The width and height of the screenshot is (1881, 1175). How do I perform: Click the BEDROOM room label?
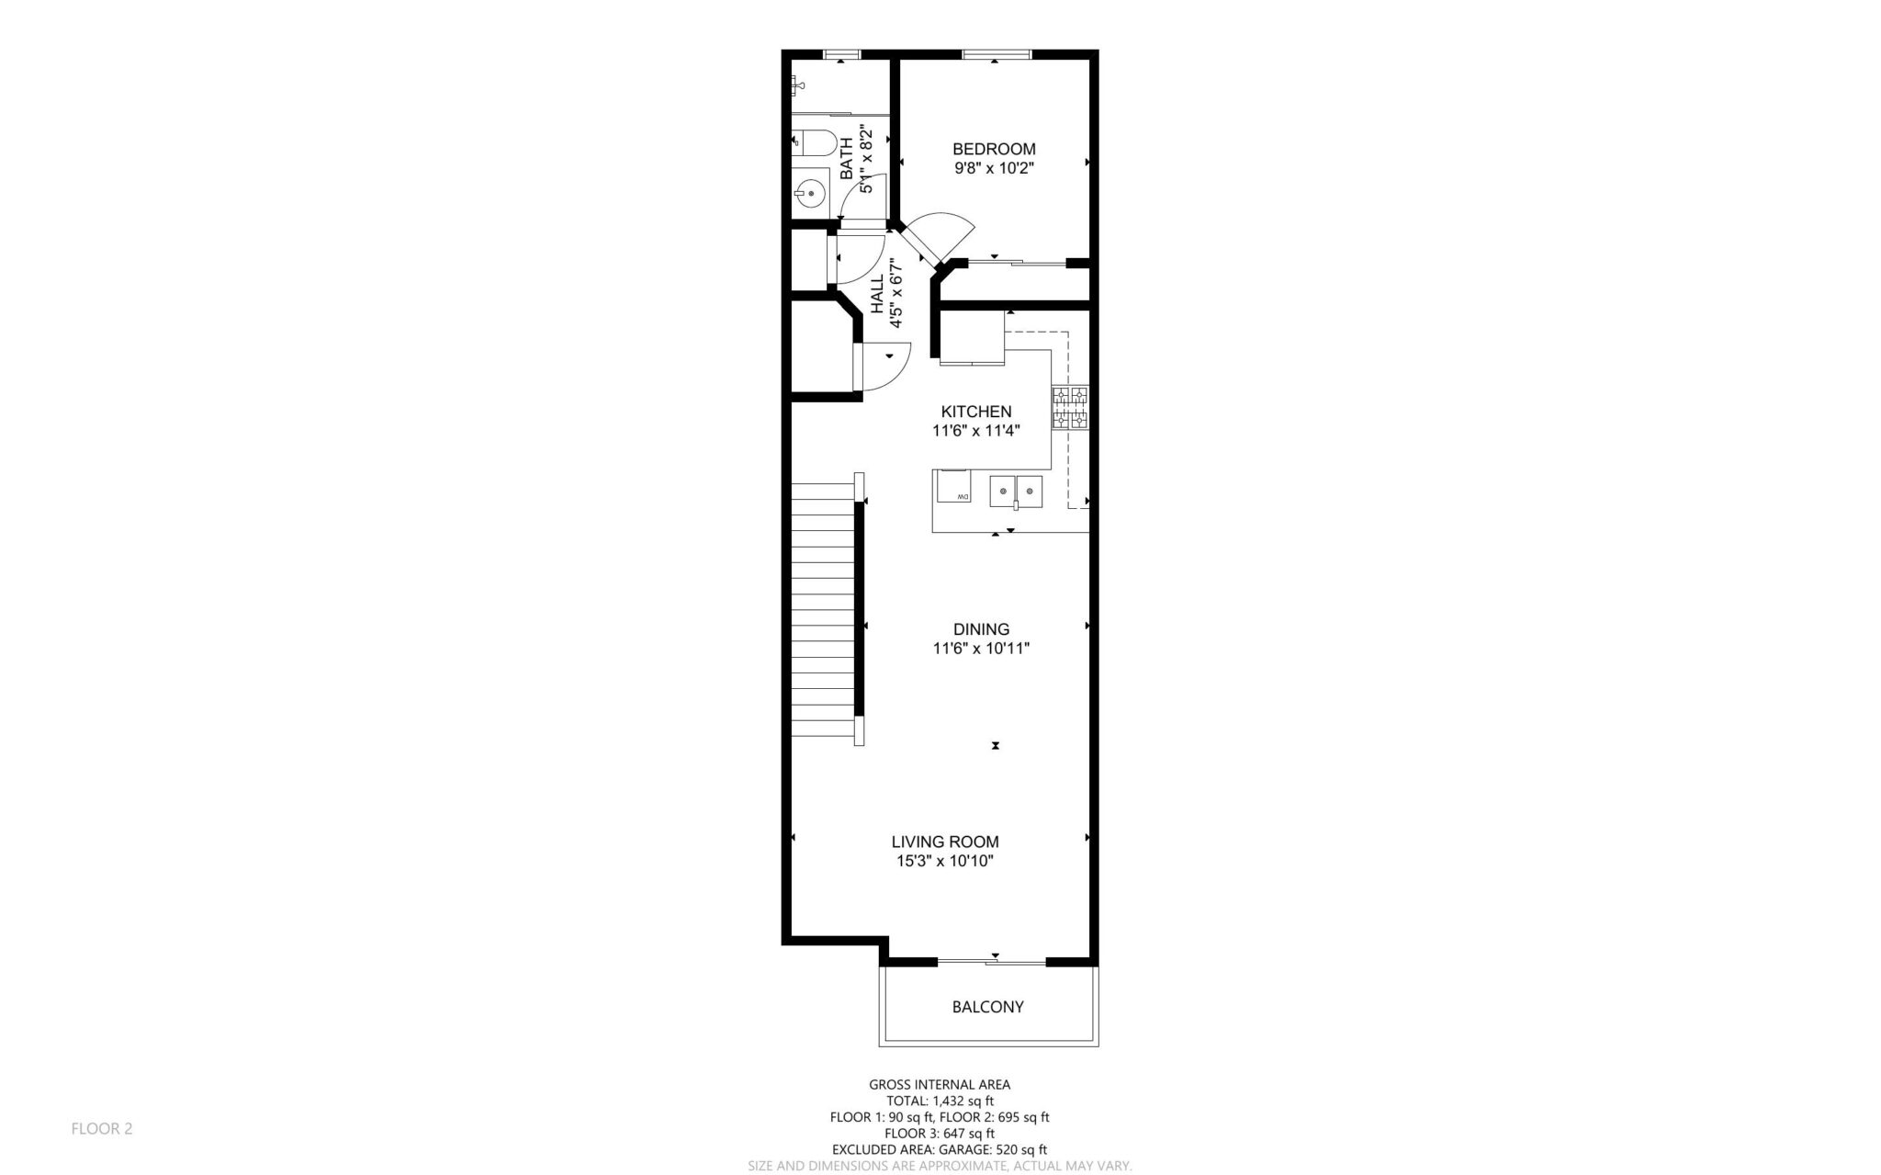click(994, 149)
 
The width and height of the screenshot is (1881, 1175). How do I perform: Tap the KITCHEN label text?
click(976, 412)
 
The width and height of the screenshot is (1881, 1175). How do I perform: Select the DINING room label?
click(981, 629)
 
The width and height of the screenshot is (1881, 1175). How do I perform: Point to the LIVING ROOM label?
click(945, 842)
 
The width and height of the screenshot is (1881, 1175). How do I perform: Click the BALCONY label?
click(987, 1007)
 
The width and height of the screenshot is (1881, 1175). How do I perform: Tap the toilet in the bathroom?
click(813, 142)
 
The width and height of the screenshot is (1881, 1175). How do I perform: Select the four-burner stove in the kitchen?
click(1070, 409)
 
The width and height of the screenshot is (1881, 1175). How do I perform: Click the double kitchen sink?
click(1016, 491)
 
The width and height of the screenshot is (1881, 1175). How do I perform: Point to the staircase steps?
click(823, 611)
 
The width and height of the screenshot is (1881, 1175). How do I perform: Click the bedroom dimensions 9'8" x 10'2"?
click(994, 168)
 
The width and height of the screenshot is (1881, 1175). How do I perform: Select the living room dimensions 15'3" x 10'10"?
click(945, 862)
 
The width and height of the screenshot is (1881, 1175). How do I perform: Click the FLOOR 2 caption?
click(102, 1128)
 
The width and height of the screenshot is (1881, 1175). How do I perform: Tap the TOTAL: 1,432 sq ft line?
click(940, 1101)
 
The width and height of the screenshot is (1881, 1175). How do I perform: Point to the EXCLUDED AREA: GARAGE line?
click(940, 1149)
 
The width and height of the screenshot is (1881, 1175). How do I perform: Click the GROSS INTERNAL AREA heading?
click(940, 1085)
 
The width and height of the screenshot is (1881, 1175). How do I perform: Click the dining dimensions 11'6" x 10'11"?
click(981, 649)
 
